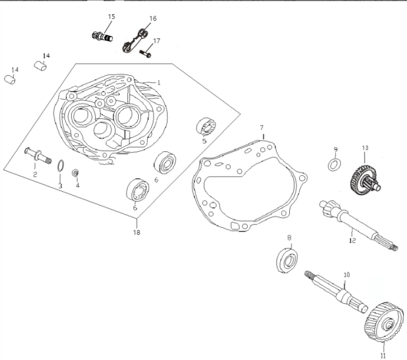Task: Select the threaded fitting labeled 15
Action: pos(103,36)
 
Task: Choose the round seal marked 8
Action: pos(288,259)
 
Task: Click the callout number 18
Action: pos(137,232)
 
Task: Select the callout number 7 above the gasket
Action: pos(261,128)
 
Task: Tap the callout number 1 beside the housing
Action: pos(159,82)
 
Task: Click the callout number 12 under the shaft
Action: pos(352,240)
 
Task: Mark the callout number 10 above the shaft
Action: pos(347,274)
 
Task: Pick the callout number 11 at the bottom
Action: pos(383,351)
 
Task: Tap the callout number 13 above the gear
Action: pos(365,148)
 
